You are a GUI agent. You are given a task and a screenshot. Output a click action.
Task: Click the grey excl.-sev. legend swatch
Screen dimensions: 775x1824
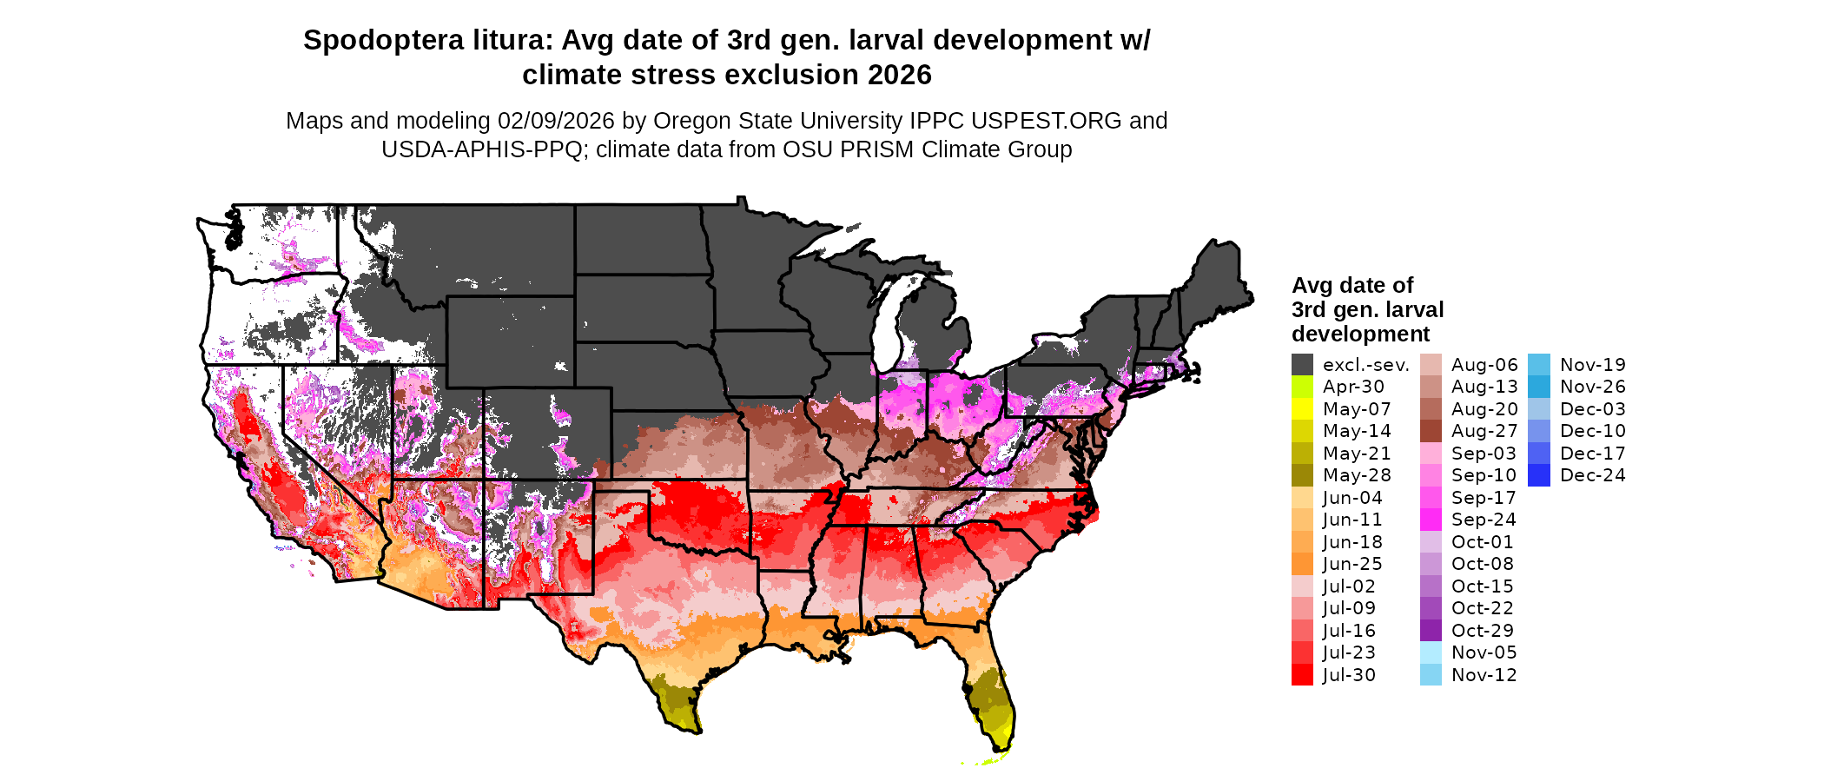click(x=1302, y=365)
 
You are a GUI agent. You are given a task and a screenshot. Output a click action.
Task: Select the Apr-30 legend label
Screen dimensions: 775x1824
click(x=1353, y=387)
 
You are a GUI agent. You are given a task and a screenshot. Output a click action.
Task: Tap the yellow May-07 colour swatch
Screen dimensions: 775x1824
click(x=1302, y=409)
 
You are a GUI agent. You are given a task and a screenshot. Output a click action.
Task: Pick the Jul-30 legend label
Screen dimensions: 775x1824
click(x=1349, y=675)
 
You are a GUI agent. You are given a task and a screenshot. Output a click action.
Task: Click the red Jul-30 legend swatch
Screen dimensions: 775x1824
click(x=1302, y=675)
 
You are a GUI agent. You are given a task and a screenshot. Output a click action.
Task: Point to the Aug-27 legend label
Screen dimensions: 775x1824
click(x=1484, y=431)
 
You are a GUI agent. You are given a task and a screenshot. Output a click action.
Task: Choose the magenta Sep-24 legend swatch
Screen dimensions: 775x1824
click(x=1431, y=520)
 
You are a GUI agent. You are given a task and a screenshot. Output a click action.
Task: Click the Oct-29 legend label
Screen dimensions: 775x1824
click(x=1483, y=631)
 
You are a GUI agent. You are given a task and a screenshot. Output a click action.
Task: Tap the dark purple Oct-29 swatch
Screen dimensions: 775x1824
click(x=1431, y=631)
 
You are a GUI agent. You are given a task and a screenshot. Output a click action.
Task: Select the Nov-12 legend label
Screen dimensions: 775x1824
click(x=1484, y=675)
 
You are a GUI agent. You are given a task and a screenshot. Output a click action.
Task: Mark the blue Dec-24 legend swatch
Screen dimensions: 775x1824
click(x=1539, y=475)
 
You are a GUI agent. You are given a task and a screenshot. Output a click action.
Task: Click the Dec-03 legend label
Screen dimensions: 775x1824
click(x=1593, y=409)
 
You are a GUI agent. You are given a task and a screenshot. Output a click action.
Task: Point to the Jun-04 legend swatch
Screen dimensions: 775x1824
click(x=1302, y=498)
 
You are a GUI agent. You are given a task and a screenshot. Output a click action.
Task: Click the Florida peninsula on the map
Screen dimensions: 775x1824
click(x=990, y=695)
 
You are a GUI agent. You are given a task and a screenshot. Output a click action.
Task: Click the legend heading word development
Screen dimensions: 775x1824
click(x=1360, y=335)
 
